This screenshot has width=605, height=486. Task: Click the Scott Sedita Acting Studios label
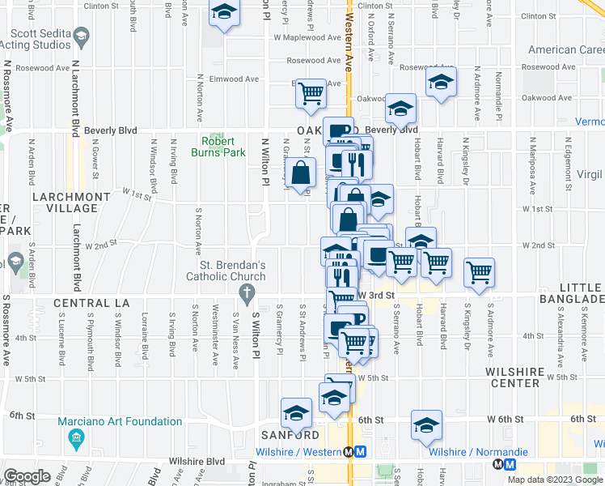[40, 37]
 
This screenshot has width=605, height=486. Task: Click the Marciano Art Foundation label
[120, 421]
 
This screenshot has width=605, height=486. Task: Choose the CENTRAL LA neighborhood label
[91, 303]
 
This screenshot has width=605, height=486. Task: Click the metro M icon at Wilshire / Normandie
[509, 464]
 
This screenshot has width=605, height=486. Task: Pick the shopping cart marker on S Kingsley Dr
[480, 272]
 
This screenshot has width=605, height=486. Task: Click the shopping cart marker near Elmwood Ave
[311, 93]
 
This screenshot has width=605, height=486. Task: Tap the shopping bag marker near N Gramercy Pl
[300, 172]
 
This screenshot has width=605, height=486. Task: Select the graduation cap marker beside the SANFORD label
[296, 413]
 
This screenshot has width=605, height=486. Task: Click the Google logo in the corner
[27, 475]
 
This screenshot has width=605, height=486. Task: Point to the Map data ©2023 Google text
[554, 480]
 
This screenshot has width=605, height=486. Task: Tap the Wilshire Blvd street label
[197, 462]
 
